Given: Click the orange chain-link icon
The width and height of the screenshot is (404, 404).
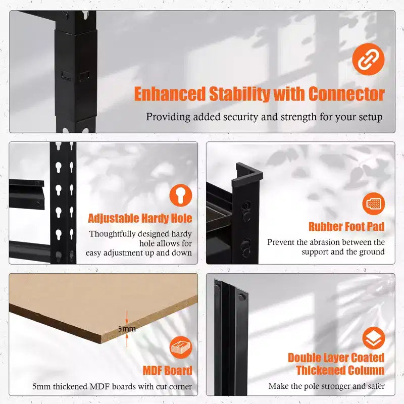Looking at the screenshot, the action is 368,59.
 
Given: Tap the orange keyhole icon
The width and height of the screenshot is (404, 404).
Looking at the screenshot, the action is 181,195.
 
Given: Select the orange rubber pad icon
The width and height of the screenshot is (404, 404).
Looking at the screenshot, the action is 373,204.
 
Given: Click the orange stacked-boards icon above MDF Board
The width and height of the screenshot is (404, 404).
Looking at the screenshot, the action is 181,347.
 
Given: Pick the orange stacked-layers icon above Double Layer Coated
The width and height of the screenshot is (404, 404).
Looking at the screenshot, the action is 373,338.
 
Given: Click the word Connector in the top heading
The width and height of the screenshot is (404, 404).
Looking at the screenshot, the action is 346,94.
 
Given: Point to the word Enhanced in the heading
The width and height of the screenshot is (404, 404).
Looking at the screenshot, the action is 170,94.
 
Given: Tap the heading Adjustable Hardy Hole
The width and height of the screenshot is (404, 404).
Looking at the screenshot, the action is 140,219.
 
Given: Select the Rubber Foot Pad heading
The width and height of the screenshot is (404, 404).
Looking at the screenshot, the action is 346,227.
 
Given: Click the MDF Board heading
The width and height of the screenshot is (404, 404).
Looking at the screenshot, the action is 168,371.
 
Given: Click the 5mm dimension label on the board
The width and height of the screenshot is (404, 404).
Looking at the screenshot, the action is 127,329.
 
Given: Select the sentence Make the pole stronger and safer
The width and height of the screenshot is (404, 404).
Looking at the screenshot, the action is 326,386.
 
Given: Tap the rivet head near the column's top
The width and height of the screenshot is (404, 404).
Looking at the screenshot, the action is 241,297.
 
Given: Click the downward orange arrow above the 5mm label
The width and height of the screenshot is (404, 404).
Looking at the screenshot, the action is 127,318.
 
